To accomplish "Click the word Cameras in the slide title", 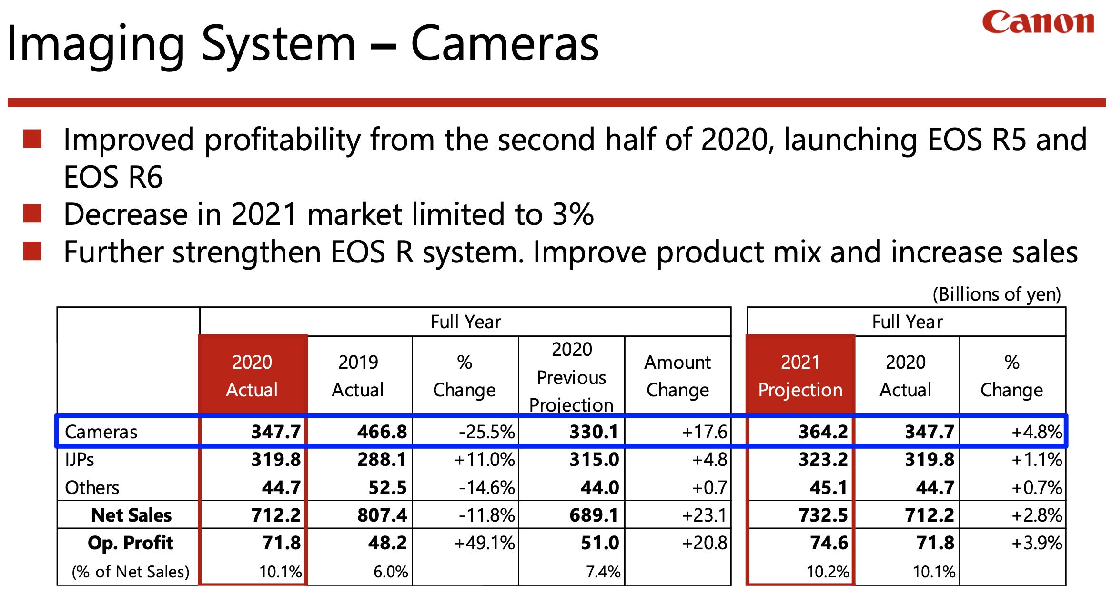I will point(505,44).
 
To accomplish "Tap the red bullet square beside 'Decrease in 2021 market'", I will point(32,214).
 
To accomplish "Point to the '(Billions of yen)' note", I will point(996,294).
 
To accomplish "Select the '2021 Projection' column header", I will point(800,376).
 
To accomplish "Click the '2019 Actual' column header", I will point(358,376).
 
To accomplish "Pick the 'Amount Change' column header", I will point(677,376).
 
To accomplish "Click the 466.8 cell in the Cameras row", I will point(382,432).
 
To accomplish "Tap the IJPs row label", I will point(80,460).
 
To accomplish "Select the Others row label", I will point(92,487).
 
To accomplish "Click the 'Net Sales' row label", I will point(131,515).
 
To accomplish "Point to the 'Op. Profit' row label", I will point(130,543).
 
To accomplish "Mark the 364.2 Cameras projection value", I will point(823,432).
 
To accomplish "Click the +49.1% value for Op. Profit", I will point(484,543).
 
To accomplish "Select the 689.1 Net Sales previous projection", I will point(594,515).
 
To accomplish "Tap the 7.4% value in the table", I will point(603,572).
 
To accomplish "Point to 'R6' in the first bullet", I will point(146,177).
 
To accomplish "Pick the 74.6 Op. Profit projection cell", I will point(829,543).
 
